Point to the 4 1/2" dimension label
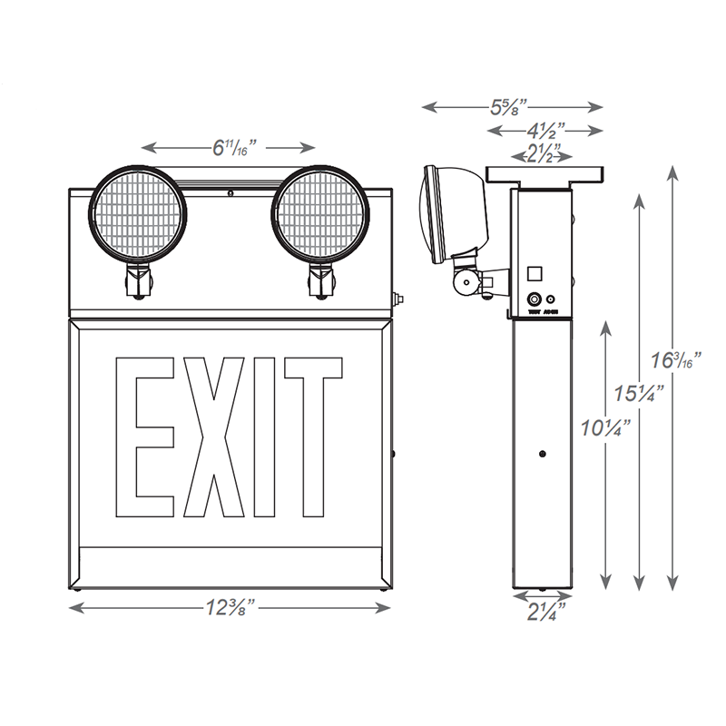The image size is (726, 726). coord(544,130)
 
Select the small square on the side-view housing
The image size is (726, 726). coord(535,271)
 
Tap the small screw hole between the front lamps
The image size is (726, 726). coord(231,193)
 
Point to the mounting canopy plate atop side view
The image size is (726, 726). coord(545,172)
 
